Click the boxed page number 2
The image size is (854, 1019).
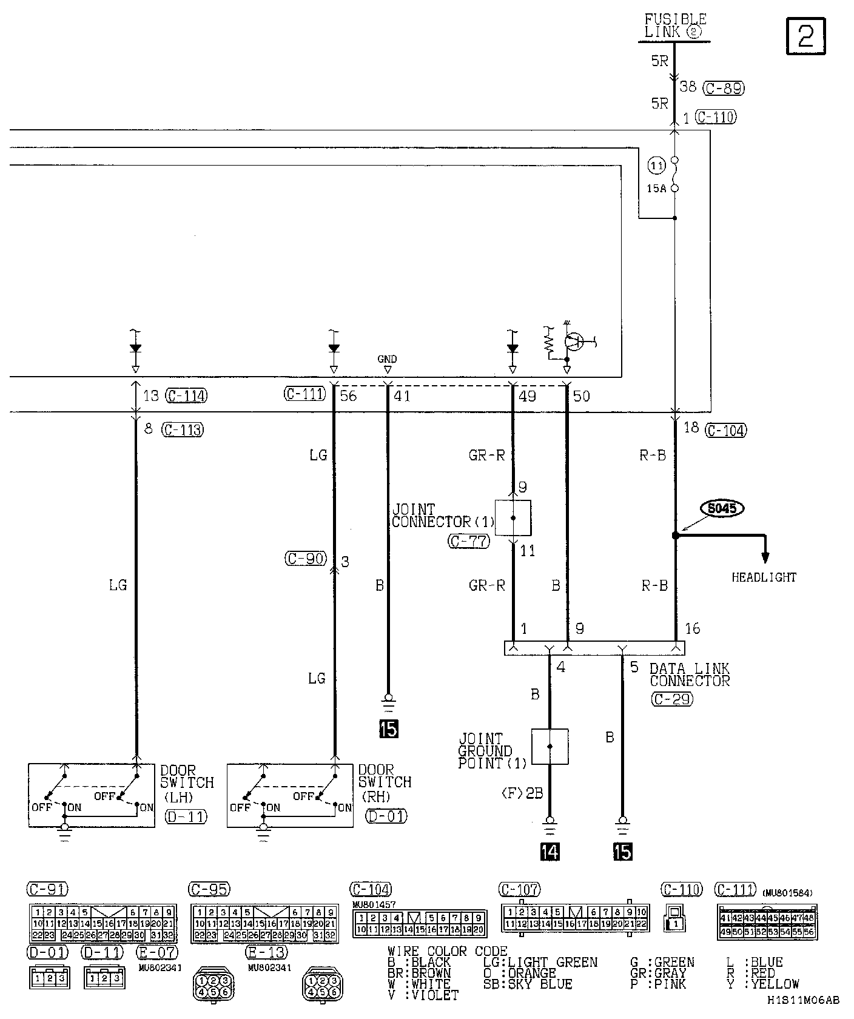pyautogui.click(x=806, y=36)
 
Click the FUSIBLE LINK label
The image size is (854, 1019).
pyautogui.click(x=674, y=26)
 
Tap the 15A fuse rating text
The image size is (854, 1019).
pyautogui.click(x=656, y=189)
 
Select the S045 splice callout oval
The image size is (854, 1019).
pyautogui.click(x=722, y=508)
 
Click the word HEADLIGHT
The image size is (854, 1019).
pyautogui.click(x=764, y=577)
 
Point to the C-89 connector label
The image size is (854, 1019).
pyautogui.click(x=724, y=88)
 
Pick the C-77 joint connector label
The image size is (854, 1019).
pyautogui.click(x=468, y=542)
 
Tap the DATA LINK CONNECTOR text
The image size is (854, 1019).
pyautogui.click(x=689, y=674)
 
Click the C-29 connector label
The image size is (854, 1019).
pyautogui.click(x=671, y=699)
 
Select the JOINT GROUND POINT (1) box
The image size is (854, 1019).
pyautogui.click(x=550, y=746)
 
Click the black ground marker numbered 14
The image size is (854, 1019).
pyautogui.click(x=549, y=852)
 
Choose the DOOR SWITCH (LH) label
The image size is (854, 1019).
pyautogui.click(x=187, y=783)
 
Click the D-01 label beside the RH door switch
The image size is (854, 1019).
pyautogui.click(x=386, y=816)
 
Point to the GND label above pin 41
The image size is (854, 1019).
pyautogui.click(x=387, y=359)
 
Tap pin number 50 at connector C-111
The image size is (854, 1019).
pyautogui.click(x=581, y=397)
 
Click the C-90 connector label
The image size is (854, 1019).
pyautogui.click(x=306, y=559)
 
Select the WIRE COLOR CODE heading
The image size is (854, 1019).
pyautogui.click(x=448, y=951)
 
